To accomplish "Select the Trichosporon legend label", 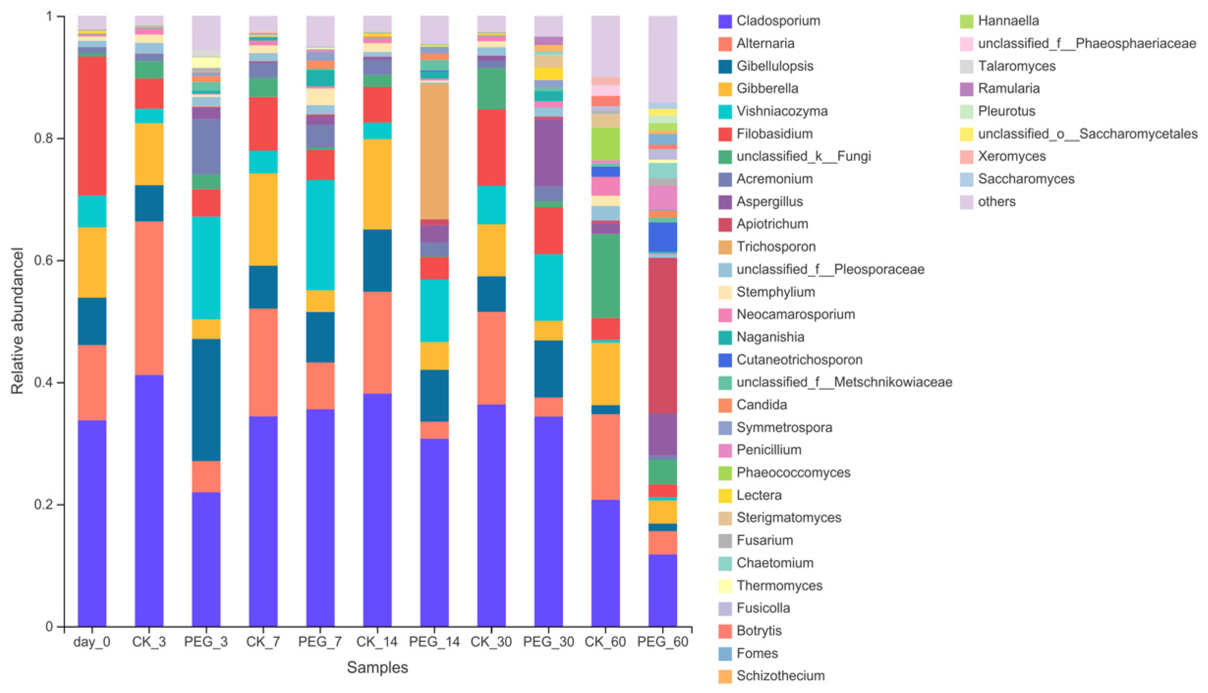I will (775, 246).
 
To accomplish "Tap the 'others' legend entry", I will (996, 202).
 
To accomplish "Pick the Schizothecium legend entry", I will (780, 675).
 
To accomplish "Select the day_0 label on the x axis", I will (92, 642).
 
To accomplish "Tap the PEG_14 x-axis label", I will (434, 642).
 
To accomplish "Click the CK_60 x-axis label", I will (605, 642).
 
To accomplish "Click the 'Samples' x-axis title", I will (377, 667).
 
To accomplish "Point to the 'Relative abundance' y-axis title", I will (17, 320).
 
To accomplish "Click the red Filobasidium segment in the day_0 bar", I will (92, 126).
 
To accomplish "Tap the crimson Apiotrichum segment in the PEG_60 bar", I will (662, 335).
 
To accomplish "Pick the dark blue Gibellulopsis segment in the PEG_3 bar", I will (206, 400).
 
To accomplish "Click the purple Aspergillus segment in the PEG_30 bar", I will (548, 152).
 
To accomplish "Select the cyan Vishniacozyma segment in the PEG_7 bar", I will (320, 235).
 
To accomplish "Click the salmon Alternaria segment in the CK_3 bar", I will (149, 298).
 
